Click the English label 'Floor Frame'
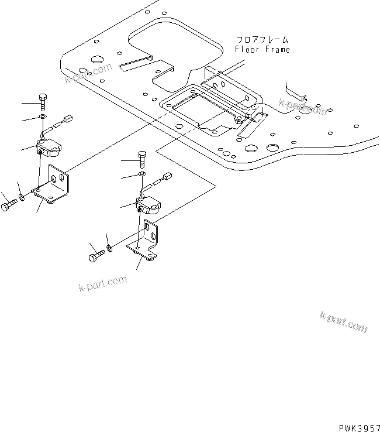(262, 50)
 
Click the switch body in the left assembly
(50, 149)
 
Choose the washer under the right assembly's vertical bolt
(143, 174)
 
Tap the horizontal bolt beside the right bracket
(98, 256)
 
